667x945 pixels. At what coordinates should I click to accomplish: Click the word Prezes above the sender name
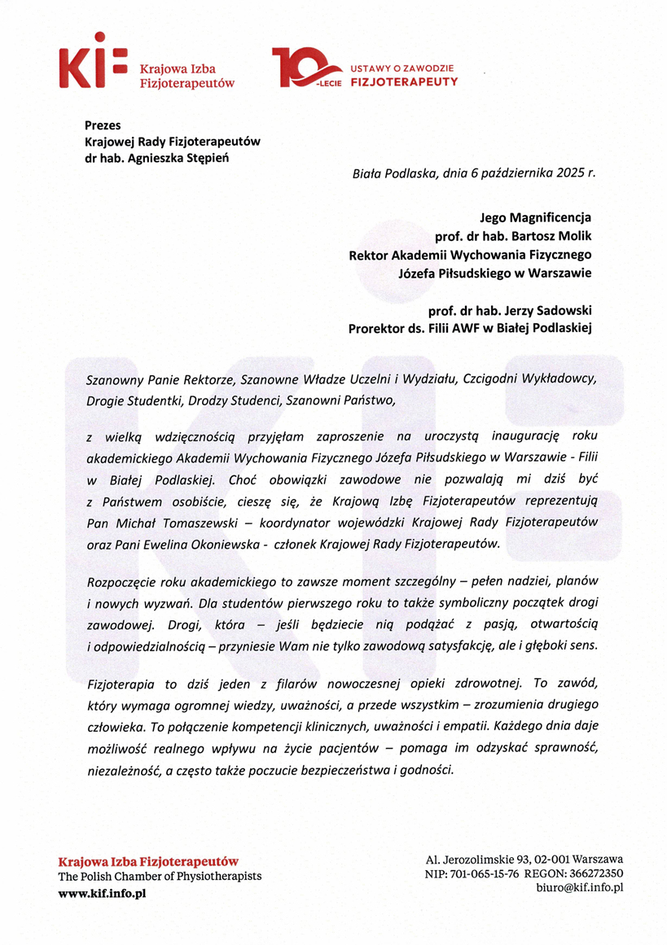103,125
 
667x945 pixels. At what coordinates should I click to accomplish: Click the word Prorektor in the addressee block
380,328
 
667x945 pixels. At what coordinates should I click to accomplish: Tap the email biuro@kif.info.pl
578,888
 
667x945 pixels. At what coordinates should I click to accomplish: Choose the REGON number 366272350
596,873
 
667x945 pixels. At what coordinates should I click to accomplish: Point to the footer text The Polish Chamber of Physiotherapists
160,877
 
